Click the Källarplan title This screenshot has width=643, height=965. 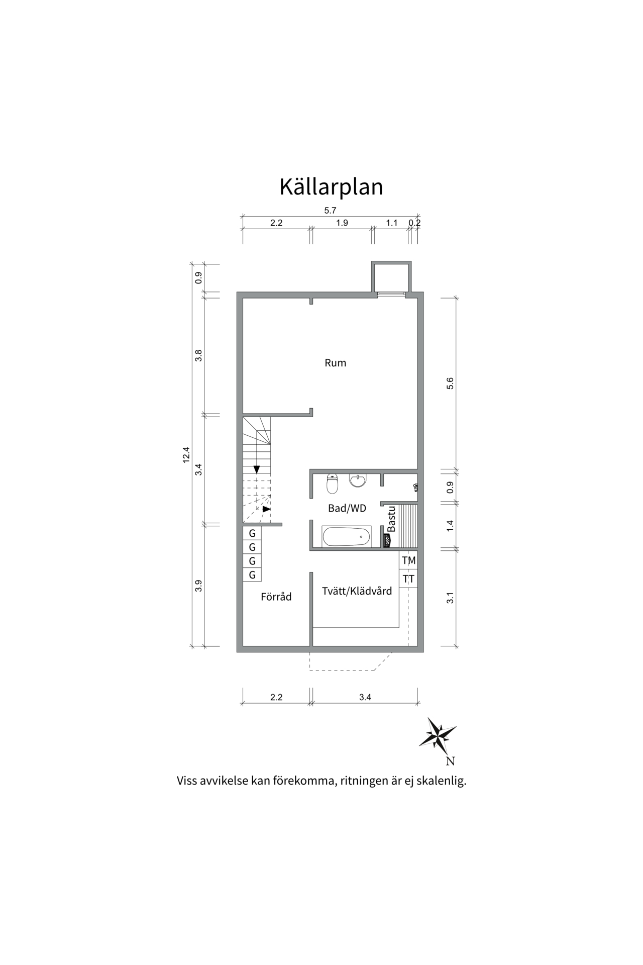(x=331, y=186)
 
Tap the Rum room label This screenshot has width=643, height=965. (x=335, y=363)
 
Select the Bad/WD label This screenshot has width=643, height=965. (x=347, y=508)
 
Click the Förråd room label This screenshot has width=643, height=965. (x=276, y=597)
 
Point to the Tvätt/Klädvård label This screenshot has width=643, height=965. (x=357, y=591)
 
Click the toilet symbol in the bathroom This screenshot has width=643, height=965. (x=332, y=484)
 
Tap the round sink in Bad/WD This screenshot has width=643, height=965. (x=358, y=480)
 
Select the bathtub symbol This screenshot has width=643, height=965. (x=347, y=537)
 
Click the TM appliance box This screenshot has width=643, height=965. (x=408, y=560)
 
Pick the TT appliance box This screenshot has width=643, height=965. (x=408, y=579)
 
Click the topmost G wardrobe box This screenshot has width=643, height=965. (x=252, y=533)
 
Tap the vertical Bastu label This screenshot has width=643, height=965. (x=392, y=519)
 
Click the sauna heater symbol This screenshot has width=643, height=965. (x=387, y=540)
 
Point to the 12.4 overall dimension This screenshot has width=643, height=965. (x=186, y=454)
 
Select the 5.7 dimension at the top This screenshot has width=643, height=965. (x=330, y=211)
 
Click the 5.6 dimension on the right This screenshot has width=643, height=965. (x=450, y=383)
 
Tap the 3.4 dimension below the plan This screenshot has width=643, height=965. (x=365, y=697)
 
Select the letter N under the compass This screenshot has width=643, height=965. (x=450, y=761)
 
